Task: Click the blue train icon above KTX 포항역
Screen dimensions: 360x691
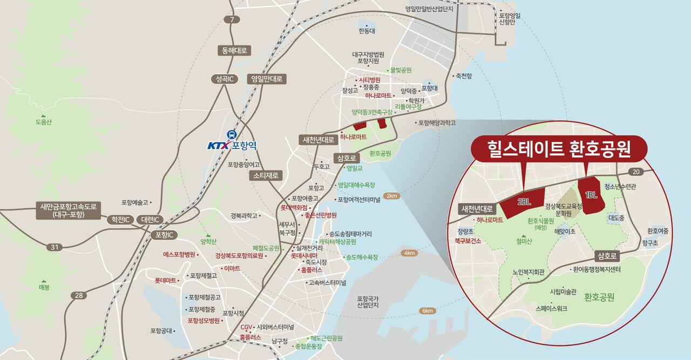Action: pos(232,134)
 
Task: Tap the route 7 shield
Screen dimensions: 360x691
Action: pos(232,20)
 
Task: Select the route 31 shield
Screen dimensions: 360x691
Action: pos(53,247)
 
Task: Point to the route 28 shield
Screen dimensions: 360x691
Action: pos(78,295)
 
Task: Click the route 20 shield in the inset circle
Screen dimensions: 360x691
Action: pos(635,172)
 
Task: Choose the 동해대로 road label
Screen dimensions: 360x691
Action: pos(234,51)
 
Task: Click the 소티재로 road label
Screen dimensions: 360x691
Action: pos(266,175)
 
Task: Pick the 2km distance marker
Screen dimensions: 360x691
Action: pos(391,196)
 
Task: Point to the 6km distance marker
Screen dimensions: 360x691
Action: pos(428,311)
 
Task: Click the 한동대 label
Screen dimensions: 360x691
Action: pos(367,31)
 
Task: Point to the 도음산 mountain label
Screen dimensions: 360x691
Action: pos(43,122)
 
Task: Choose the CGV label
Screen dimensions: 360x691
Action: pos(246,327)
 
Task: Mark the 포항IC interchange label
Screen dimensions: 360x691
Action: pos(163,235)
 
